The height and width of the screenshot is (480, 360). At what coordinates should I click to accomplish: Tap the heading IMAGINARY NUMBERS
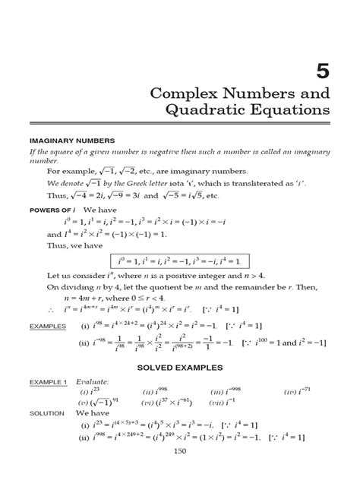pyautogui.click(x=71, y=141)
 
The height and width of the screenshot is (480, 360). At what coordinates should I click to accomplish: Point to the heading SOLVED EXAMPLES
pyautogui.click(x=179, y=368)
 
